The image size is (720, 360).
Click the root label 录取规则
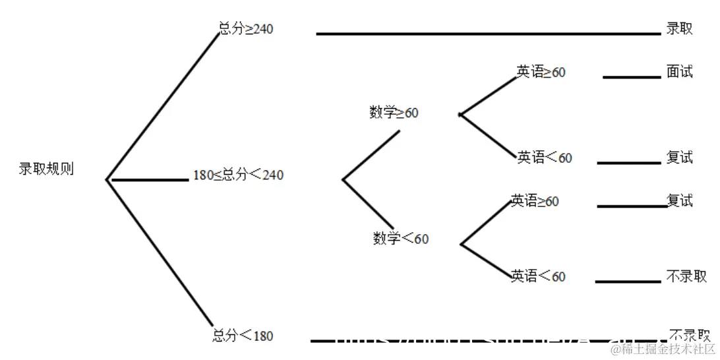pos(46,169)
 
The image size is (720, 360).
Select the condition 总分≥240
pos(246,29)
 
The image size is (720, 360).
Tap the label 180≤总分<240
pos(238,175)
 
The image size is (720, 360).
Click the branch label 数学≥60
pos(394,113)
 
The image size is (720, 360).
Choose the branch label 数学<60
pos(400,239)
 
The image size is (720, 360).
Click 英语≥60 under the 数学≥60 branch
pos(541,73)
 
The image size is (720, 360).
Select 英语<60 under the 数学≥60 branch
pos(545,158)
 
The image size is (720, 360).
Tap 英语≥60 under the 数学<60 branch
pos(535,201)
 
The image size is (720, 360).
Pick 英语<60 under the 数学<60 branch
pos(538,276)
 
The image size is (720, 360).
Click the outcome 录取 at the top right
pos(679,28)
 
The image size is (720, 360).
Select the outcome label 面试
pos(679,72)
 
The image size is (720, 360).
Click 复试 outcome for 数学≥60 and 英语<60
pos(679,158)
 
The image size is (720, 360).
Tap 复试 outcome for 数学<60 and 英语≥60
pos(679,200)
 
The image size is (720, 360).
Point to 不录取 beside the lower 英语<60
pos(686,276)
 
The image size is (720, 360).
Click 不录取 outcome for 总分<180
pos(689,334)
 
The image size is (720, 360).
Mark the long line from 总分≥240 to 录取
pos(488,34)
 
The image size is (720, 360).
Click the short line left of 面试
pos(631,78)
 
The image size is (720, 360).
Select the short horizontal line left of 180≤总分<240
pos(150,179)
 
